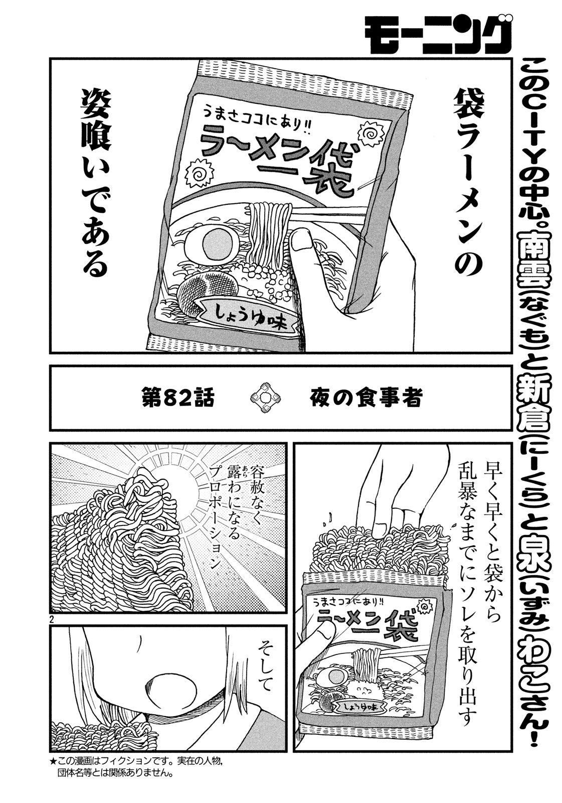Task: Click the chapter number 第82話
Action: coord(177,397)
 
